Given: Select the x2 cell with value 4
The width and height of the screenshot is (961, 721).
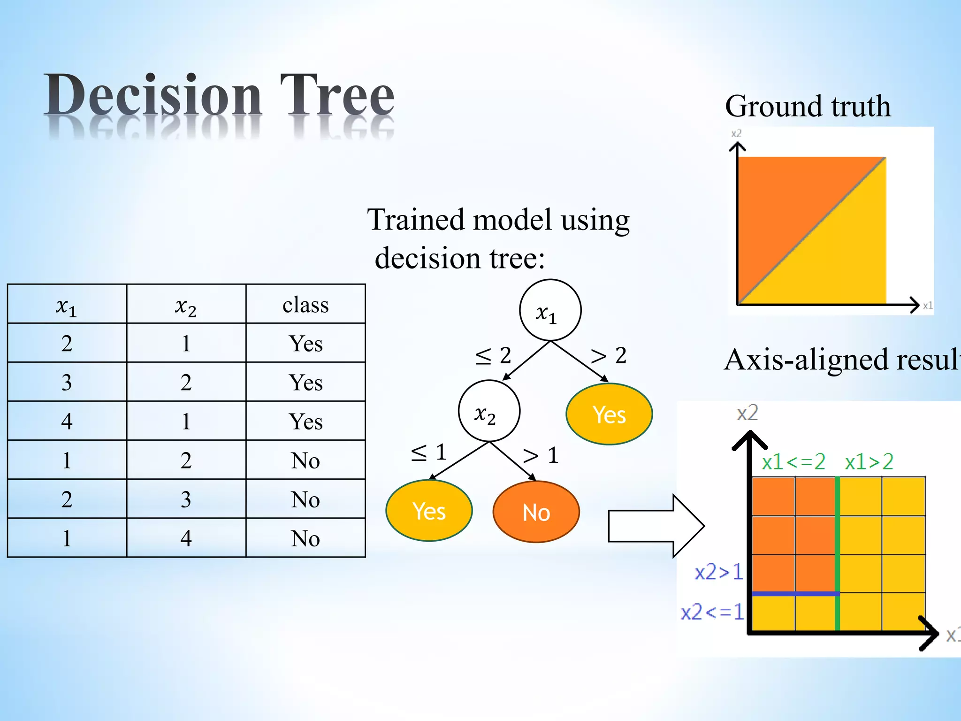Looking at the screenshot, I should tap(186, 538).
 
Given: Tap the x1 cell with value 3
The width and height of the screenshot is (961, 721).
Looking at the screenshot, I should tap(67, 382).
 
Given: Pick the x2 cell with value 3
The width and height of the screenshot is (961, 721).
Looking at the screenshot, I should tap(186, 499).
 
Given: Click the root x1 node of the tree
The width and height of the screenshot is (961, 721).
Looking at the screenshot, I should tap(550, 310).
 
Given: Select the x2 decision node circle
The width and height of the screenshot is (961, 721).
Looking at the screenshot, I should tap(489, 411).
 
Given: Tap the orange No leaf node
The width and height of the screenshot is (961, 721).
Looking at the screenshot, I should tap(536, 512).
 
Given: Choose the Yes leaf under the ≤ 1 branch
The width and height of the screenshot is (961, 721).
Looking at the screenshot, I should tap(429, 511).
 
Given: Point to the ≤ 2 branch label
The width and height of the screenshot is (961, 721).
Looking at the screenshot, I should tap(493, 356).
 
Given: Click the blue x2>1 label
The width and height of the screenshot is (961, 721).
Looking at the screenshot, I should tap(718, 572).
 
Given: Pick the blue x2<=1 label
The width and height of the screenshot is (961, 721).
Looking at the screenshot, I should tap(712, 612).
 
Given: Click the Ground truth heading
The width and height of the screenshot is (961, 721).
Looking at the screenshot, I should tap(808, 106).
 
